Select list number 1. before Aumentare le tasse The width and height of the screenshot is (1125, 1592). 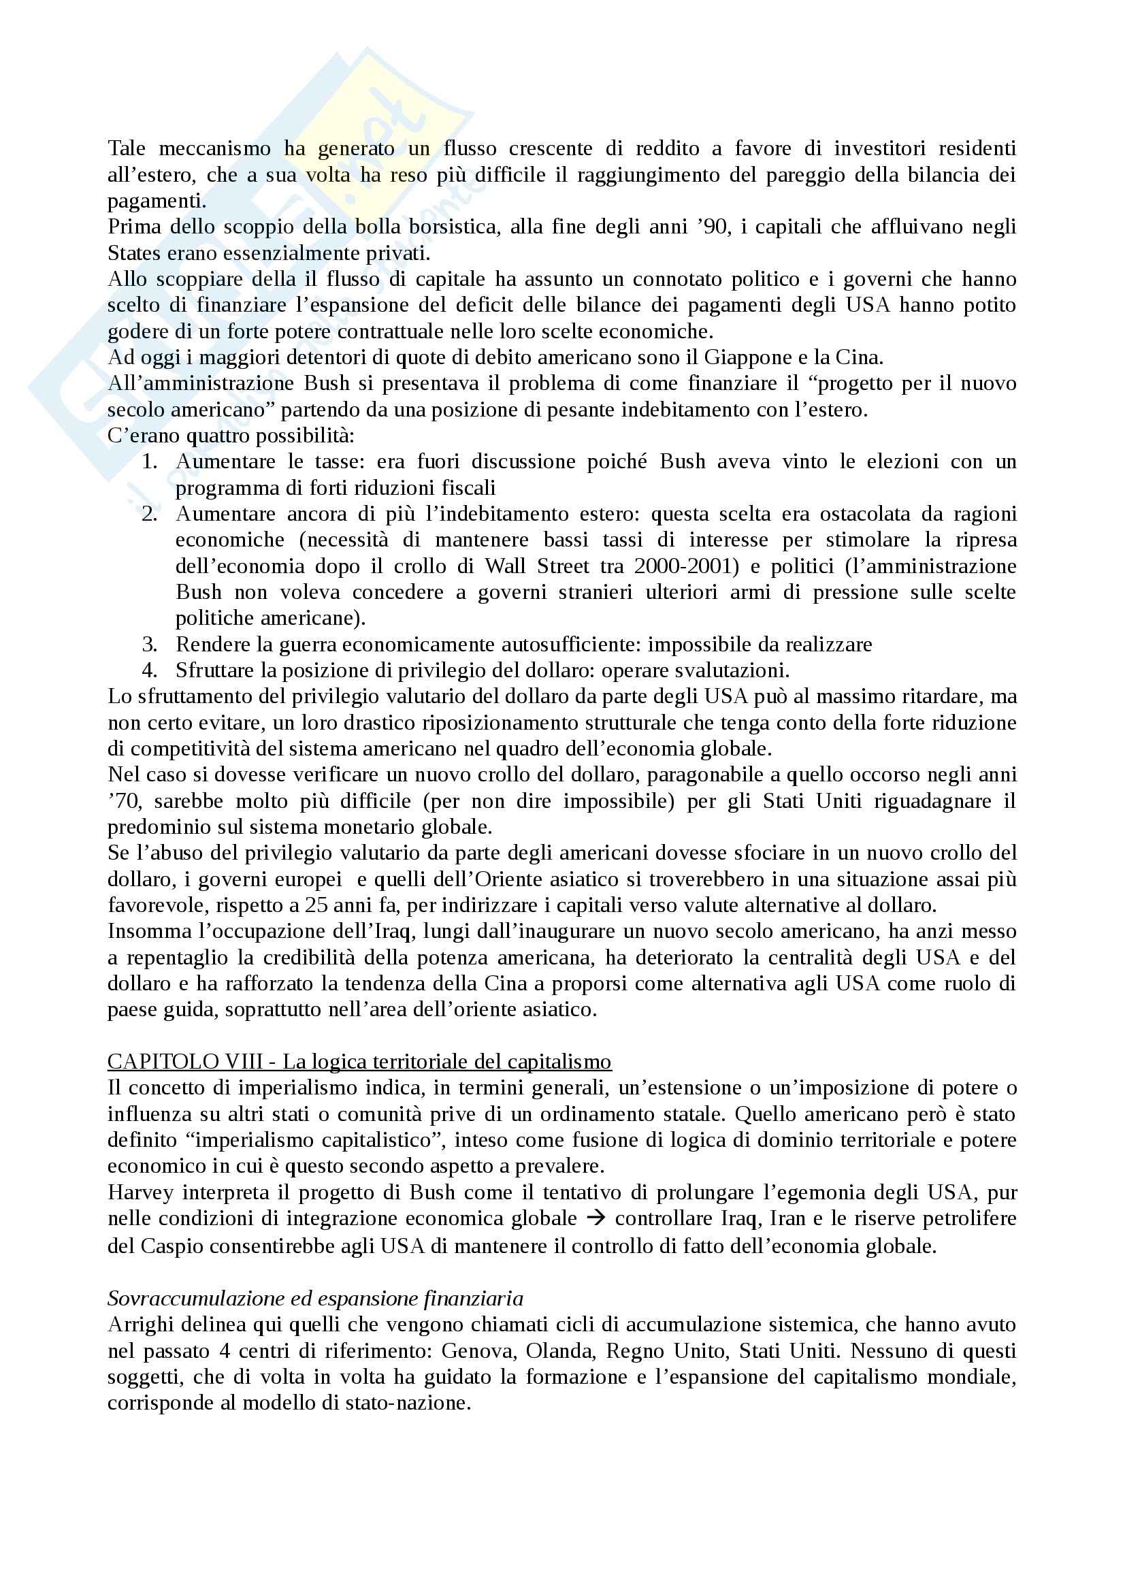pos(150,461)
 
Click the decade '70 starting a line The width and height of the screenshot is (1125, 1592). pos(124,801)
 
